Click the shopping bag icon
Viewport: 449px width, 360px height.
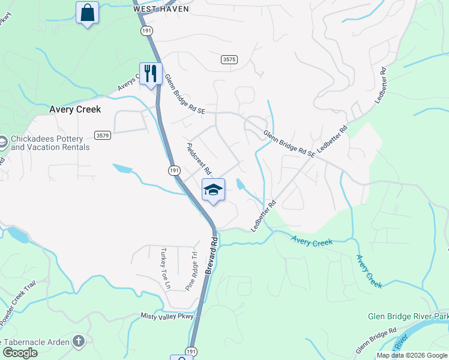88,12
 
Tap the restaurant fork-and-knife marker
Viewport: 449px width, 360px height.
151,73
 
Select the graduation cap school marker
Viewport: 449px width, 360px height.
213,190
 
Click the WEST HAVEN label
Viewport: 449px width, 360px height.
161,9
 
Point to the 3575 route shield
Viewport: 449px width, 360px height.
229,59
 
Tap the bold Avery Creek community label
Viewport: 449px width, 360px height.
75,110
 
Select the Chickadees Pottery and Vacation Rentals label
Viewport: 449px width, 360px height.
50,143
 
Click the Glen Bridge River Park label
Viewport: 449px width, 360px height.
408,316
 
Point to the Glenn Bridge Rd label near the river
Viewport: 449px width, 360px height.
376,340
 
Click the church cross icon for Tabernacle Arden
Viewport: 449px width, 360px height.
78,341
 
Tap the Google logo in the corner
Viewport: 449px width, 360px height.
20,353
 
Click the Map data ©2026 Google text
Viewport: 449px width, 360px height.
411,355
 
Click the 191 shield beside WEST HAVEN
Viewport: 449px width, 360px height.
146,29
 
